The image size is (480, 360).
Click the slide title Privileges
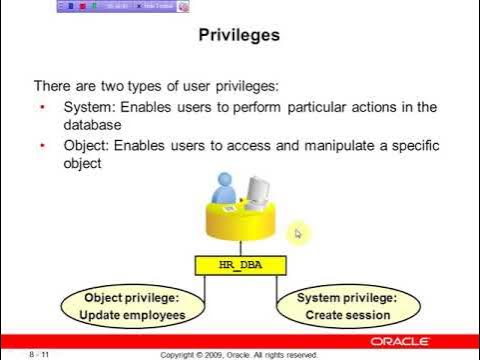pos(240,35)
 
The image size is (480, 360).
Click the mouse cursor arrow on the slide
pos(296,234)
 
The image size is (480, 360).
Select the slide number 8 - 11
pos(43,353)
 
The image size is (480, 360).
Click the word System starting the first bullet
pos(86,107)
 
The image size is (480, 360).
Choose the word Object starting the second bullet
pos(84,146)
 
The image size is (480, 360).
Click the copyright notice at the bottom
pos(240,353)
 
